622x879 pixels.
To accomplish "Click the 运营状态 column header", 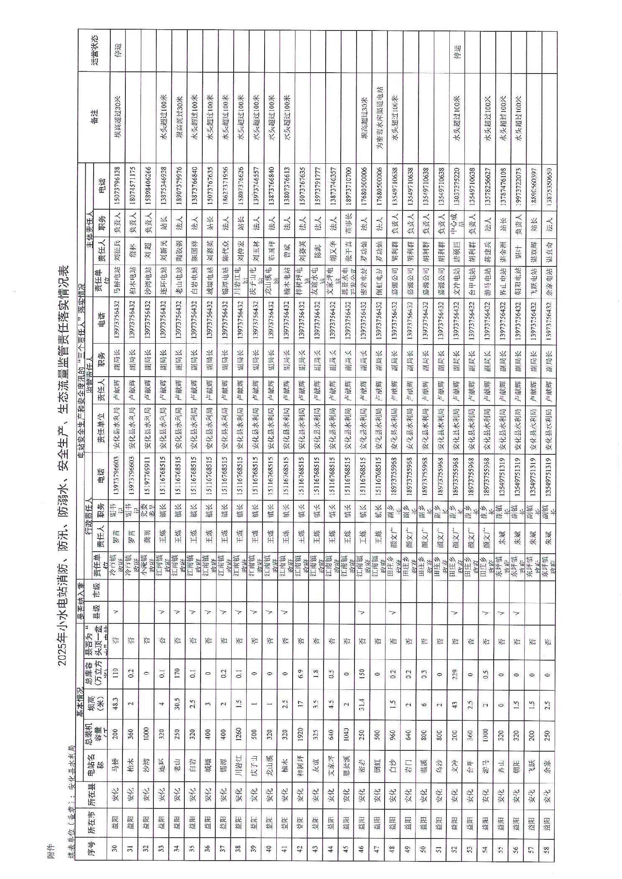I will tap(94, 50).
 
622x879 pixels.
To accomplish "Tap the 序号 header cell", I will tap(91, 846).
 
